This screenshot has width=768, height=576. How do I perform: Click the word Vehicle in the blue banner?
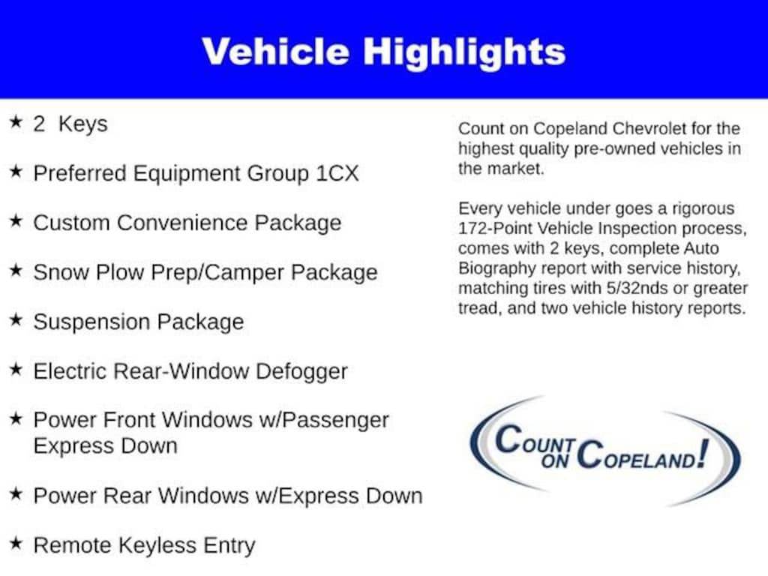coord(275,52)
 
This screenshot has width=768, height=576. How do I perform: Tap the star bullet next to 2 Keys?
coord(16,122)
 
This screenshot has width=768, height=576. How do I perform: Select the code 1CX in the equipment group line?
coord(337,173)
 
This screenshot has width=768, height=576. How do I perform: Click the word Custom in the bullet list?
coord(71,223)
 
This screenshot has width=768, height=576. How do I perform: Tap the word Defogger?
coord(301,372)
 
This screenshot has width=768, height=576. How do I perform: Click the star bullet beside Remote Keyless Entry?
coord(16,543)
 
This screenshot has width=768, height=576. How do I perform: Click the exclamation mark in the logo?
coord(703,454)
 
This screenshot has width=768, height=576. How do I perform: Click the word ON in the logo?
coord(554,461)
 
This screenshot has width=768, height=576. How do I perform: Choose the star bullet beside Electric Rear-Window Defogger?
coord(16,369)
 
